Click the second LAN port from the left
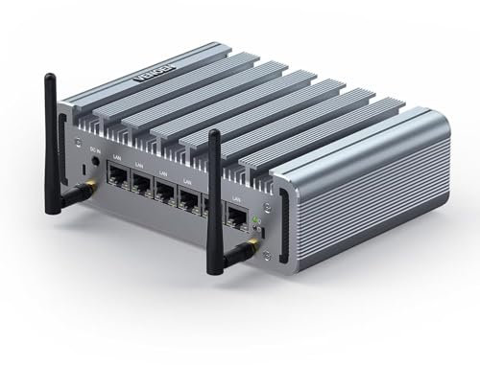140,186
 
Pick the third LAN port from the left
166,193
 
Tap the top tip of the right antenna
213,132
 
